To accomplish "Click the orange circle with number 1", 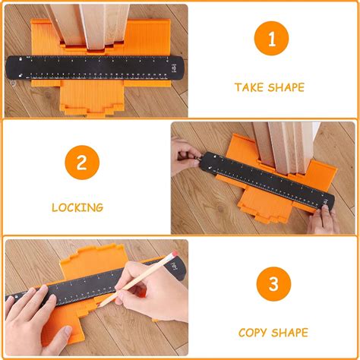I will click(270, 40).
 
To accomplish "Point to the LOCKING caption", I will click(77, 207).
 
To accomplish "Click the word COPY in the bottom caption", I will click(254, 333).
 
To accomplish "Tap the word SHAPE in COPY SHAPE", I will click(290, 333).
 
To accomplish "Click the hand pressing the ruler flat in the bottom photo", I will click(34, 319).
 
